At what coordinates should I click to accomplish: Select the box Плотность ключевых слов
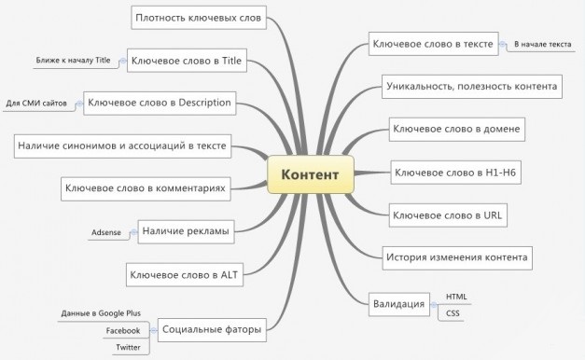click(x=200, y=17)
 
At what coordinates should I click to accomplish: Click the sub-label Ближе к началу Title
click(x=74, y=60)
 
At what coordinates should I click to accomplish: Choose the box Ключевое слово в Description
click(x=158, y=102)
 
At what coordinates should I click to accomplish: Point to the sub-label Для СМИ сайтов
click(x=36, y=102)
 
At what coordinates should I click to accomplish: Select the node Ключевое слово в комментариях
click(x=145, y=188)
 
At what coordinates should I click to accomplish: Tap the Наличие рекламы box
click(x=185, y=230)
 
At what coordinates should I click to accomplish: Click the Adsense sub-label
click(x=106, y=231)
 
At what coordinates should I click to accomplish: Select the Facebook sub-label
click(x=122, y=330)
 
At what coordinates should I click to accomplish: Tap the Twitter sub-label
click(x=127, y=347)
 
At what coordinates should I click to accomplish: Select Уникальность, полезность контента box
click(x=471, y=87)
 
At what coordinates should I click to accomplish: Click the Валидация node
click(x=399, y=303)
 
